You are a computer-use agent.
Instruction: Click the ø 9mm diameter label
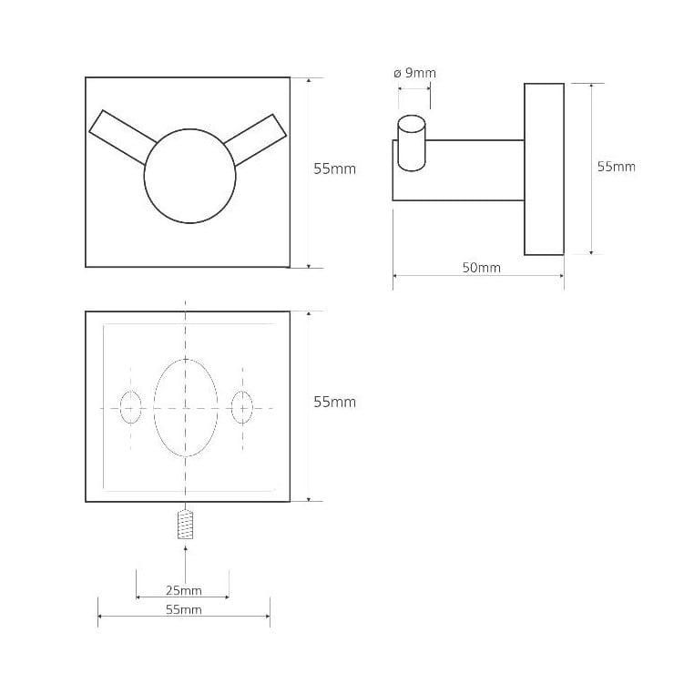[x=414, y=73]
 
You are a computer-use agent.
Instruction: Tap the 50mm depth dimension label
[x=482, y=268]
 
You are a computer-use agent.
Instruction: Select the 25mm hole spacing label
[x=184, y=590]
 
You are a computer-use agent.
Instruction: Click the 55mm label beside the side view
[x=616, y=167]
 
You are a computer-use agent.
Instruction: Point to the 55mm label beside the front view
[x=334, y=169]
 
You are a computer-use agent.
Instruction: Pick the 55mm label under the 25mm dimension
[x=184, y=609]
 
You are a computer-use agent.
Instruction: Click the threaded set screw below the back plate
[x=186, y=525]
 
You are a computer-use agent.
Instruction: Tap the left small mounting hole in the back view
[x=130, y=407]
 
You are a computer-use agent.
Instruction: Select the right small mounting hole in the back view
[x=242, y=407]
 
